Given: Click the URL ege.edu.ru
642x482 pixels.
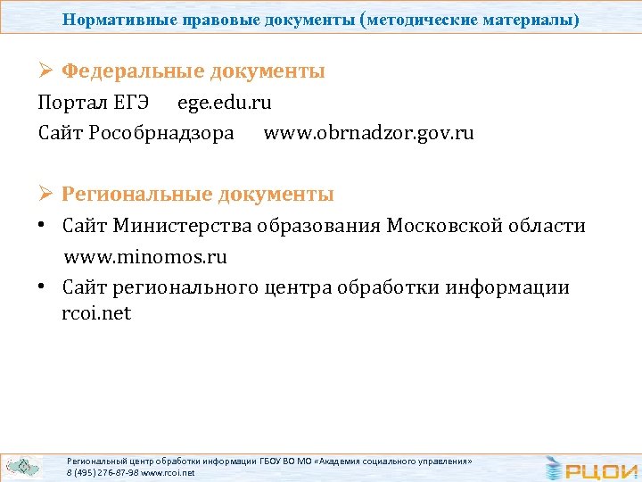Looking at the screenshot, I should pyautogui.click(x=224, y=103).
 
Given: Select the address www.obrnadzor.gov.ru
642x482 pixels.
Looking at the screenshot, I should pyautogui.click(x=368, y=134).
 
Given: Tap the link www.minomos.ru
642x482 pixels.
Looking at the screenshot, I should pyautogui.click(x=144, y=258).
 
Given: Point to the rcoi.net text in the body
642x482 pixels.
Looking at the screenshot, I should pyautogui.click(x=96, y=314).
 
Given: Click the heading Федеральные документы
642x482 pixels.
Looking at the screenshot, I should pyautogui.click(x=193, y=71).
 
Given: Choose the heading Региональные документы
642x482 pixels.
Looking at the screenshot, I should pyautogui.click(x=197, y=194).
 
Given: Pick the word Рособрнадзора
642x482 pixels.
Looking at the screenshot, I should pyautogui.click(x=161, y=134).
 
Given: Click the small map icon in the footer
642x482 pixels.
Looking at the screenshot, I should pyautogui.click(x=21, y=466).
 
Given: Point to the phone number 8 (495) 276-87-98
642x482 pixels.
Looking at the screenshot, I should pyautogui.click(x=103, y=472).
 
